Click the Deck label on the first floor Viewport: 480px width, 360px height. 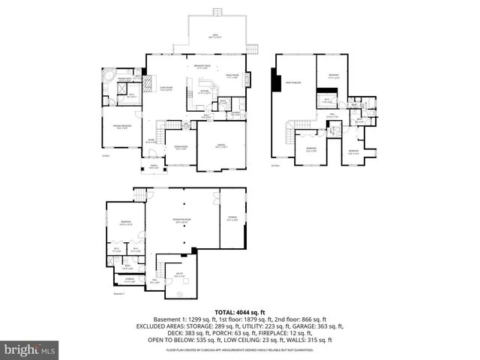(218, 35)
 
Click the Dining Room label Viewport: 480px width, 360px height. (181, 147)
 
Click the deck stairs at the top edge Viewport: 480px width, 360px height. (218, 11)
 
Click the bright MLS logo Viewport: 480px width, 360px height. (28, 349)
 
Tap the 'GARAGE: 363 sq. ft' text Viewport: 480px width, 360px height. (314, 326)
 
